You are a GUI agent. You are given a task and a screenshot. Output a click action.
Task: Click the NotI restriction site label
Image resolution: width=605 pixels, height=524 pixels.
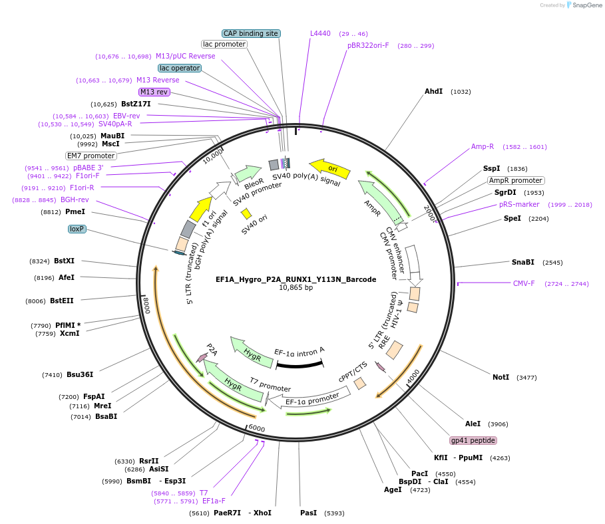coord(501,377)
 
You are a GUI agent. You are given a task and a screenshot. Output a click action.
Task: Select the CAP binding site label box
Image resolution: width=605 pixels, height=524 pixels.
coord(250,33)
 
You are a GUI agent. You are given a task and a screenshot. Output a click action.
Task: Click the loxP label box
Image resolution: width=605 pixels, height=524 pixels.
coord(77,229)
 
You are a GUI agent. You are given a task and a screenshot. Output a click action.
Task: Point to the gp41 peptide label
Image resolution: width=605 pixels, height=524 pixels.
coord(473,440)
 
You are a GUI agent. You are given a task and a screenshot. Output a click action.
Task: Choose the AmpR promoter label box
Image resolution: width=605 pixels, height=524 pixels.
coord(516,180)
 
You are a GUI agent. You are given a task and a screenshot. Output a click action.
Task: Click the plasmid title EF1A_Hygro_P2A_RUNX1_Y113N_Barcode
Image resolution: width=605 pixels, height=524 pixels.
coord(296,279)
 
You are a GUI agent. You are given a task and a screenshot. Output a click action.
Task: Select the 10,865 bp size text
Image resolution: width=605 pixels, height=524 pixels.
coord(296,288)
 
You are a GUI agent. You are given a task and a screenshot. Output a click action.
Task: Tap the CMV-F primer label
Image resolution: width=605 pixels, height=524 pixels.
coord(524,283)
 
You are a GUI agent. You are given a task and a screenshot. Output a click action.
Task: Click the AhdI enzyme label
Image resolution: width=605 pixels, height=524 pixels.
coord(433,91)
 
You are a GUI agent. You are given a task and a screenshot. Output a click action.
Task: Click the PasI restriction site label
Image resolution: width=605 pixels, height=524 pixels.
coord(308,513)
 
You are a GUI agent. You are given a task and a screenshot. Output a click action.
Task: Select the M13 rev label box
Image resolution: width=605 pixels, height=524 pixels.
coord(154,92)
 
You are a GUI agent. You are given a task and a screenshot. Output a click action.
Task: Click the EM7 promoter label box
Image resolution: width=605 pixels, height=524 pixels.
coord(91,156)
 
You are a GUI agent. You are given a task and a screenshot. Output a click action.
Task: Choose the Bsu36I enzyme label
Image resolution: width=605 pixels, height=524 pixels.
coord(80,374)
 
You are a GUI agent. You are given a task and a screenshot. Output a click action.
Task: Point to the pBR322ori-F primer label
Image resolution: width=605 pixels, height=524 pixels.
coord(368,45)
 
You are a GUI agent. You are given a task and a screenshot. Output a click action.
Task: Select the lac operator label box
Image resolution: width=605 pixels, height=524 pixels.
coord(179,68)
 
